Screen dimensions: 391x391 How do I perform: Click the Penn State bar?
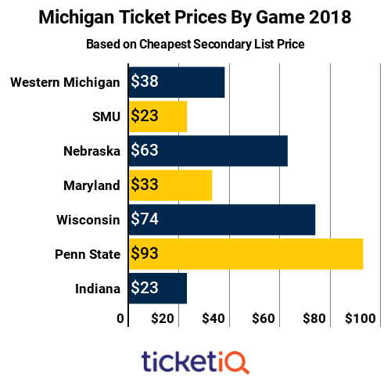pos(246,254)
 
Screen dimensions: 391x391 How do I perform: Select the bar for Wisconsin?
pos(221,220)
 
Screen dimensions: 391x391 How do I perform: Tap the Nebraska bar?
pos(208,151)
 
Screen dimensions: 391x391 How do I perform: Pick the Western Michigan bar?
pos(177,82)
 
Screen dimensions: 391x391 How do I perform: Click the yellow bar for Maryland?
pos(170,185)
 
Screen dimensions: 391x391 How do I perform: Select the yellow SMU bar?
pos(157,117)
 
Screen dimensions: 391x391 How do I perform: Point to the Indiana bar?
pos(157,289)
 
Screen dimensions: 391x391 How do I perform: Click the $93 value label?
pos(144,254)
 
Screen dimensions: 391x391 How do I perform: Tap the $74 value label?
pos(144,220)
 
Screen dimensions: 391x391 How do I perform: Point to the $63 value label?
pos(144,151)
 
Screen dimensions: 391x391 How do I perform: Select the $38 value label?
pos(144,82)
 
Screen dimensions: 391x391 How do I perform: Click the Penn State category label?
pos(88,254)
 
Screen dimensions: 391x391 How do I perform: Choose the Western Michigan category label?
pos(66,82)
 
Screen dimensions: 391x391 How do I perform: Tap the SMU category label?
pos(106,117)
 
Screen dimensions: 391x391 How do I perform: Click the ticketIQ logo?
pos(195,361)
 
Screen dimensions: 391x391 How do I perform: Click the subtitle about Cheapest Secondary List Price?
pos(195,44)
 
